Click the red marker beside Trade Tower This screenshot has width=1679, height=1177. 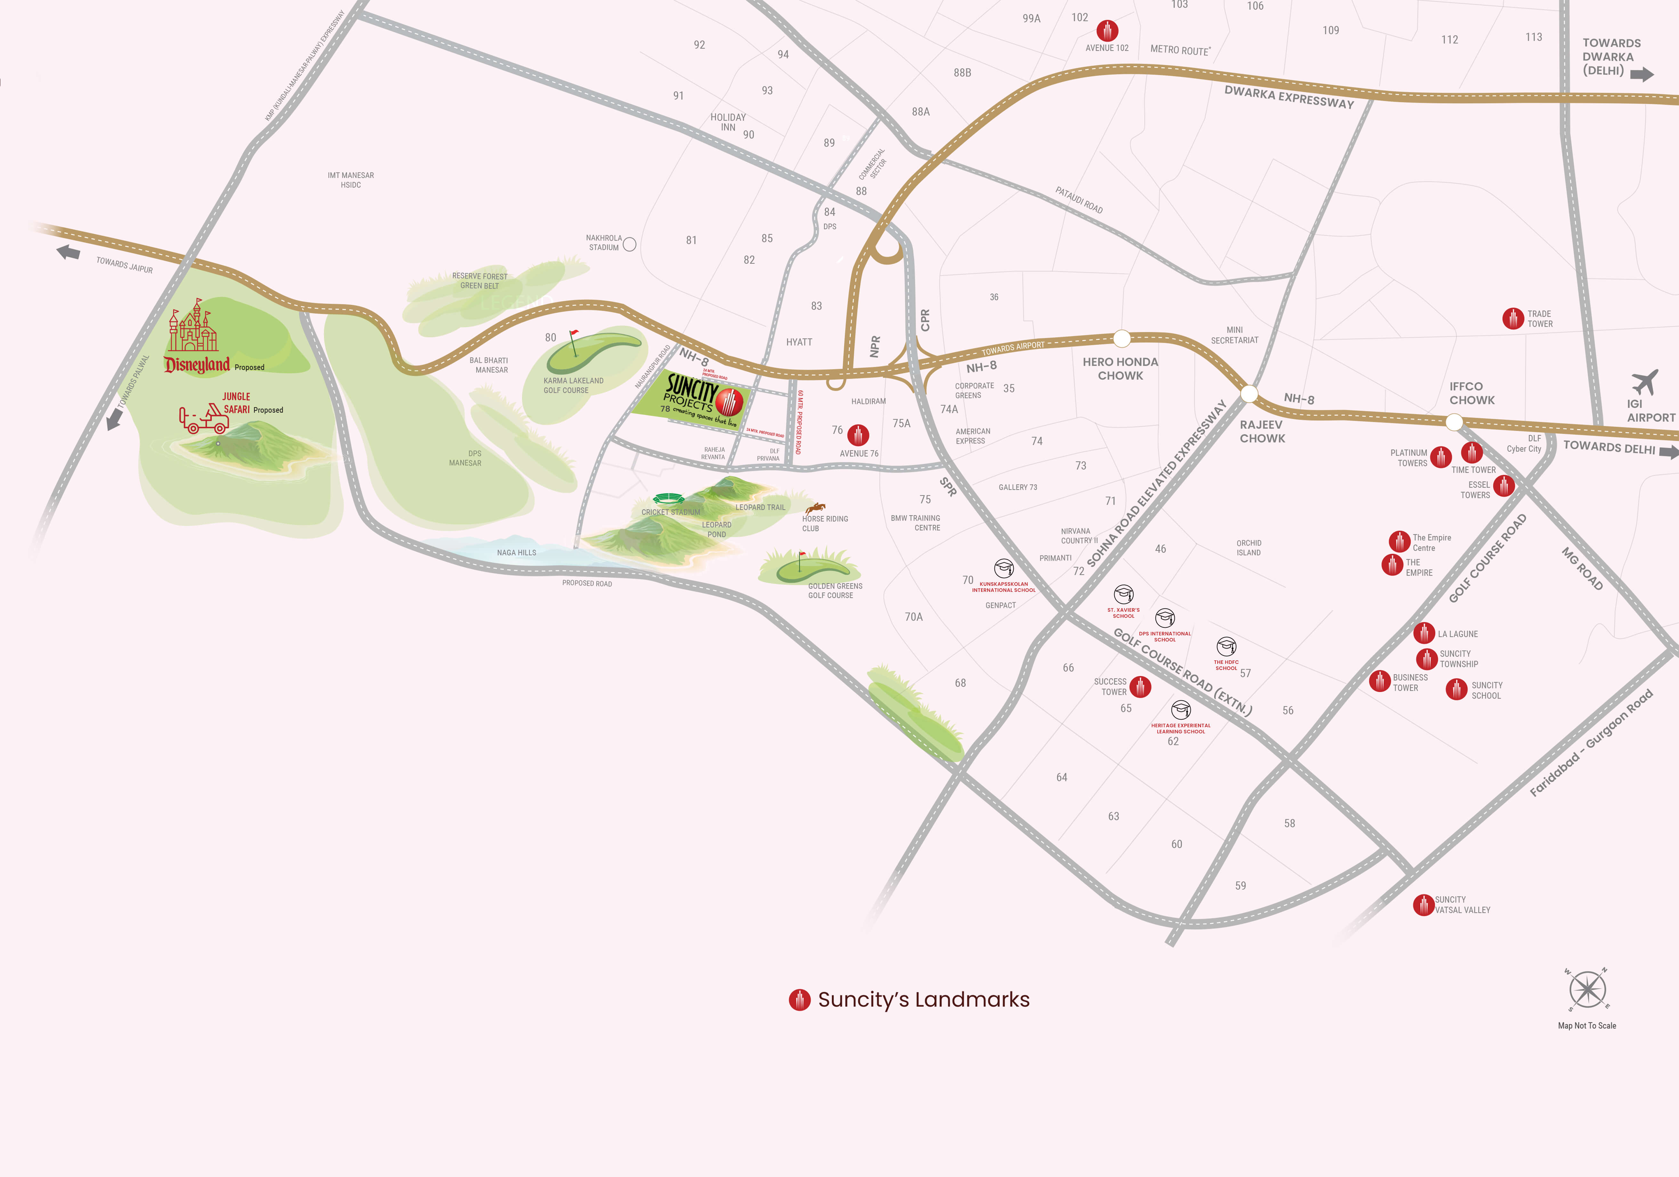tap(1512, 319)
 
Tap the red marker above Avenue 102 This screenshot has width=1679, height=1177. tap(1107, 31)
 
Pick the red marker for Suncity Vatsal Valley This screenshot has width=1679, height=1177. tap(1423, 905)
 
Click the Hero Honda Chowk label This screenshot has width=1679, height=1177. tap(1120, 368)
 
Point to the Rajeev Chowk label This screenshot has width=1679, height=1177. tap(1261, 431)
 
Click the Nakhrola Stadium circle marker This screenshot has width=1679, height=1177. tap(629, 244)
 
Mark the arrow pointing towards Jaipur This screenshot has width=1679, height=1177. tap(69, 252)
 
